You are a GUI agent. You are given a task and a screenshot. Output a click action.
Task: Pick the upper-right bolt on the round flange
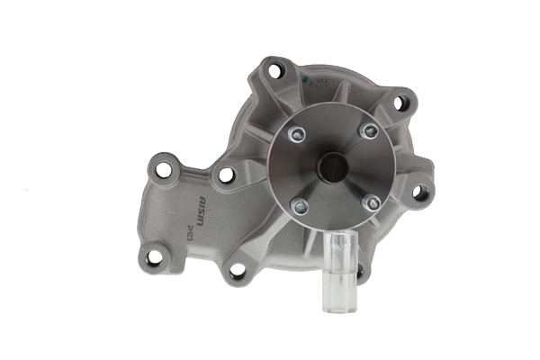click(x=367, y=131)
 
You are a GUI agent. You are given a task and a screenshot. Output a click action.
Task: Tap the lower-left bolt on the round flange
click(x=301, y=205)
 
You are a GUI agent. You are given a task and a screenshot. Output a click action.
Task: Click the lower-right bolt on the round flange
click(x=370, y=202)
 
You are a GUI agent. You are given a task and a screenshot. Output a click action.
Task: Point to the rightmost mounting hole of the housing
click(x=419, y=191)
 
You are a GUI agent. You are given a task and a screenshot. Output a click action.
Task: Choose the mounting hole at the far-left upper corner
click(x=163, y=167)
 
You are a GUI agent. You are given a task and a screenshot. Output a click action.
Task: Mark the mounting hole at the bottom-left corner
click(x=154, y=256)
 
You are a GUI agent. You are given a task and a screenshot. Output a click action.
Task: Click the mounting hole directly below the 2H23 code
click(x=237, y=268)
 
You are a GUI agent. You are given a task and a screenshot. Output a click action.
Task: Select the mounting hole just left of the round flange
click(x=227, y=175)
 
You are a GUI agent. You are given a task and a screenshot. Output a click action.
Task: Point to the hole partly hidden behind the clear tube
click(x=359, y=269)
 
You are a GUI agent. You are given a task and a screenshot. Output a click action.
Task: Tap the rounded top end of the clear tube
click(x=340, y=235)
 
